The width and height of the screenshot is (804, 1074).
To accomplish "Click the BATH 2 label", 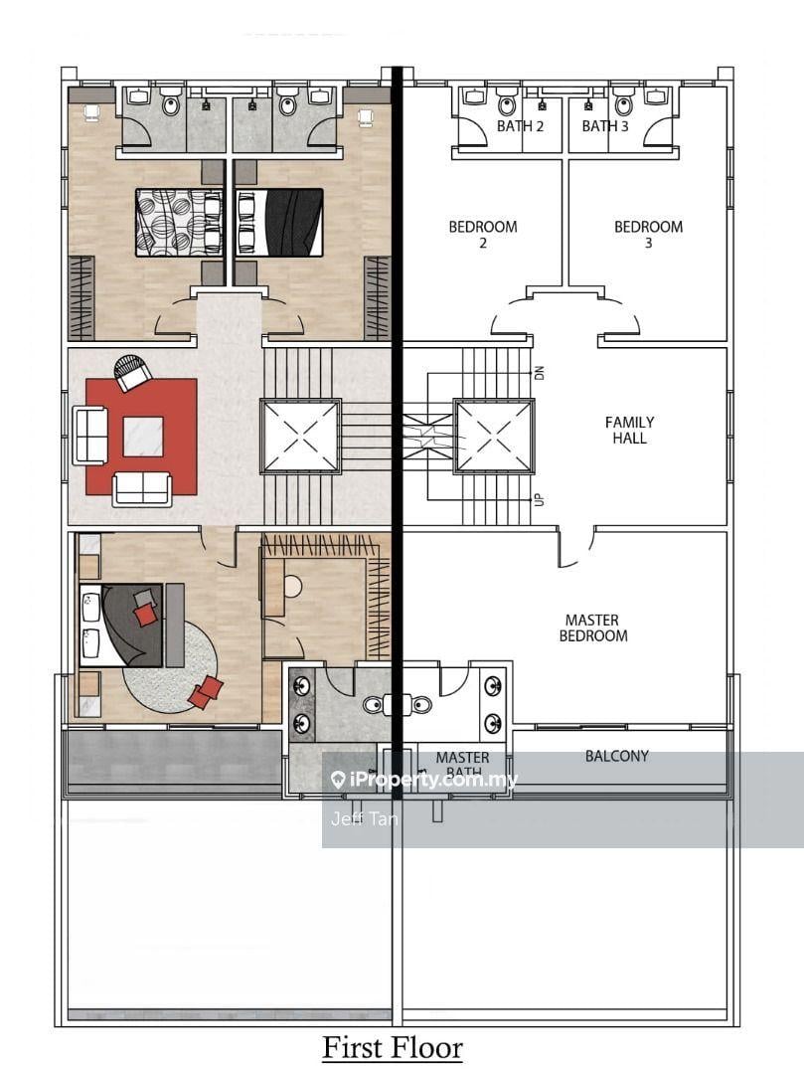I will pos(521,126).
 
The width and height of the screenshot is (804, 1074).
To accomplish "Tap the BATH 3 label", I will pos(605,126).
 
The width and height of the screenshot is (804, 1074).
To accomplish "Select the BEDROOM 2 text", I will pos(483,234).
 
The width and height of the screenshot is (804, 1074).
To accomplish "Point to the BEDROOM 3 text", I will pos(648,234).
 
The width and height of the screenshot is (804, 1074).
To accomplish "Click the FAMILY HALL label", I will pos(629,430).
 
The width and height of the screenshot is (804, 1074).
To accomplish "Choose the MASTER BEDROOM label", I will pos(593,627).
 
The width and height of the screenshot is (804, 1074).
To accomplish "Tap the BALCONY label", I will pos(616,756).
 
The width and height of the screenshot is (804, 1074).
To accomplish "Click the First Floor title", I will pos(393,1047).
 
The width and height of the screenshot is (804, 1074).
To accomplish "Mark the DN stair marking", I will pos(540,373).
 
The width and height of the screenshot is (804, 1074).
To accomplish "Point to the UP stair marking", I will pos(540,498).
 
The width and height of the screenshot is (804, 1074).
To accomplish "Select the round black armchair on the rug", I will pos(131,373).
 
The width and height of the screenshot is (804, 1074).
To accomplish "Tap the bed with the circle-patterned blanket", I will pos(178,222).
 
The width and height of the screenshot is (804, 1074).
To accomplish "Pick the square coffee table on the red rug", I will pos(143,436).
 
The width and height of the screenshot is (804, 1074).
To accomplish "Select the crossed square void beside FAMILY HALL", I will pos(494,436).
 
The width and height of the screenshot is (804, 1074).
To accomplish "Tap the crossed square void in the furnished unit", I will pos(301,436).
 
